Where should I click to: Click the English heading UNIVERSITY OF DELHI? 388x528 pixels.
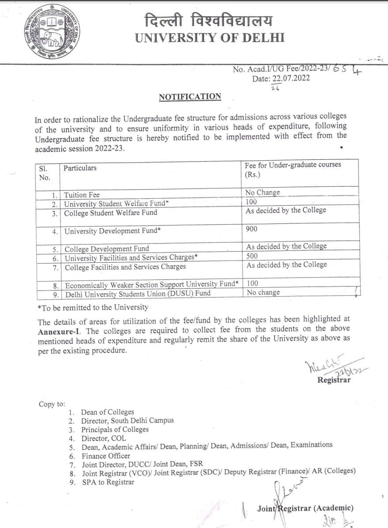(209, 38)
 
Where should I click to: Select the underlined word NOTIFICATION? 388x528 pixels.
(190, 97)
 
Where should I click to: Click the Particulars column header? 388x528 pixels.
(80, 168)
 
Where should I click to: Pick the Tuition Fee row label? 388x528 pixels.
(82, 195)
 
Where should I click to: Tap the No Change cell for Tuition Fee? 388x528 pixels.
(263, 192)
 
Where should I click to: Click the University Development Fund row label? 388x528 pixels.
(120, 231)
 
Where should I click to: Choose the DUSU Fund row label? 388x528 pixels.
(137, 293)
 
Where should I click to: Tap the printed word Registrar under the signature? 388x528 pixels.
(334, 380)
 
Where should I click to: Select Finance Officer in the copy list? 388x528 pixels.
(106, 456)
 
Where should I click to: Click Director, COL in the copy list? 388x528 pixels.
(104, 438)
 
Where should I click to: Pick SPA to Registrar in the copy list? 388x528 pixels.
(108, 482)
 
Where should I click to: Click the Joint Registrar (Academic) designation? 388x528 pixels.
(305, 508)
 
